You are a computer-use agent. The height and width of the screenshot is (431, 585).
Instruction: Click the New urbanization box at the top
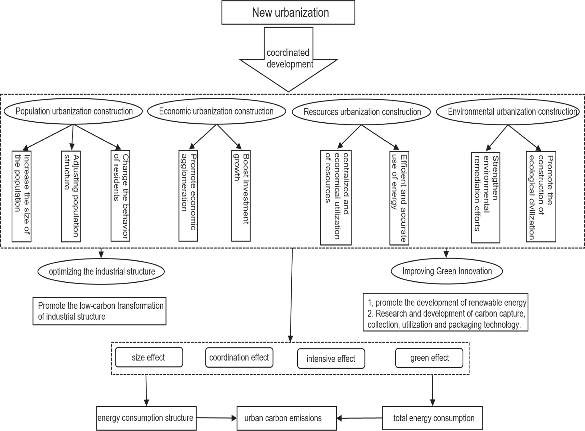pos(288,13)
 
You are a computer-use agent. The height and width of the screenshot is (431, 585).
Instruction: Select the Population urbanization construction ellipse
pos(74,111)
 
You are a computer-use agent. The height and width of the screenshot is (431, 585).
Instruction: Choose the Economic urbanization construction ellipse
pos(216,111)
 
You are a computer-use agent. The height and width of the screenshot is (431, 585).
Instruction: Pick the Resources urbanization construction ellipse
pos(362,112)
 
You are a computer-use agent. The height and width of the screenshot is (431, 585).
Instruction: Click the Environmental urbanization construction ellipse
pos(508,112)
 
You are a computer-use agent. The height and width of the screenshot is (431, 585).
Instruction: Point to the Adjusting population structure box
pos(71,196)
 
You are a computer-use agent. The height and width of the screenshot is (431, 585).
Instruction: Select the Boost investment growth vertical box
pos(241,195)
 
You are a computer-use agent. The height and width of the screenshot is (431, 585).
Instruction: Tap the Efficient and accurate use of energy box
pos(399,198)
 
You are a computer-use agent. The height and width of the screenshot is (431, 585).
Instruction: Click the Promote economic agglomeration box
pos(188,195)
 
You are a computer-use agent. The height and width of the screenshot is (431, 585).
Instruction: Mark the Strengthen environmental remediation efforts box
pos(486,197)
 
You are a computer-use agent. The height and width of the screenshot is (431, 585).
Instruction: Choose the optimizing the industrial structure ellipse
pos(101,272)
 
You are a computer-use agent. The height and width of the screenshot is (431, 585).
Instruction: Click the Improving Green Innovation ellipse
pos(447,271)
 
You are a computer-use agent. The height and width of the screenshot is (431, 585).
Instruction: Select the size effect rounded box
pos(149,358)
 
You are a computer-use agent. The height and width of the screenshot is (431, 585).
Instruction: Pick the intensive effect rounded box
pos(331,359)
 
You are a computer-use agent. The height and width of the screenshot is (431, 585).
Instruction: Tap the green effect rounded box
pos(429,358)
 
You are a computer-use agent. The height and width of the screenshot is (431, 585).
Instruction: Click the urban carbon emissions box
pos(287,418)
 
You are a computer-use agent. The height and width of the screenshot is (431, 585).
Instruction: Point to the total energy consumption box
pos(433,418)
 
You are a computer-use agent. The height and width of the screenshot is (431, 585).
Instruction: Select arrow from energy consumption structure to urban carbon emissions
pos(216,418)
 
